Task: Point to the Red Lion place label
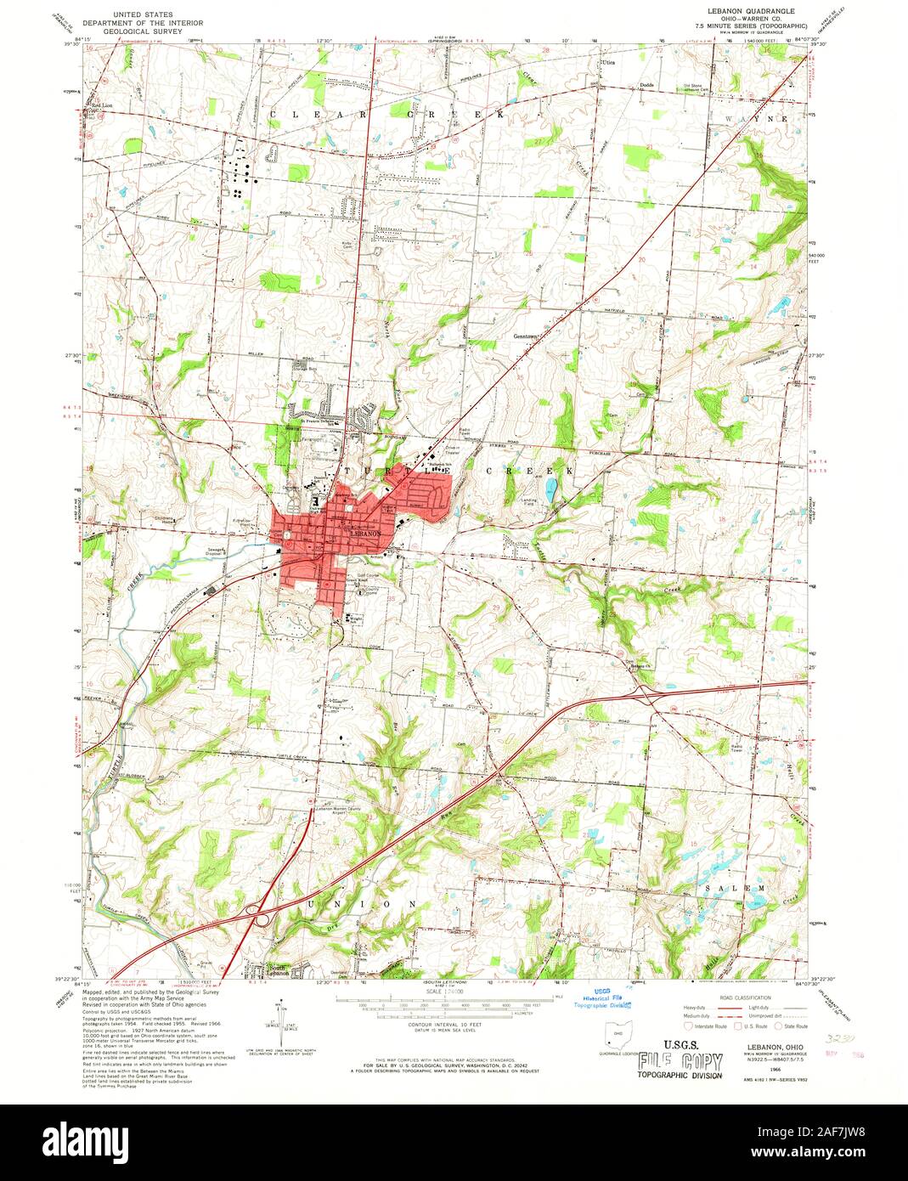click(102, 105)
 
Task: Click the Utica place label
click(606, 63)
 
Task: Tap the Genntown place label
click(527, 335)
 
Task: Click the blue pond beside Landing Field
click(553, 489)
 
